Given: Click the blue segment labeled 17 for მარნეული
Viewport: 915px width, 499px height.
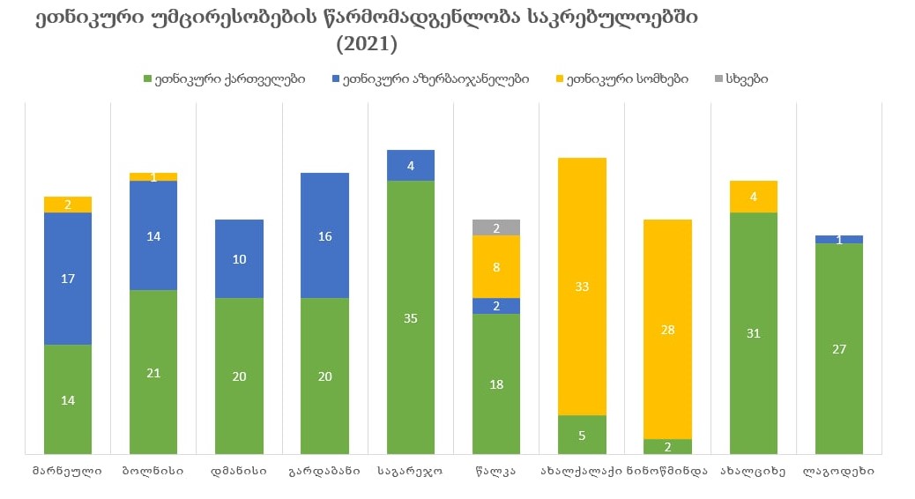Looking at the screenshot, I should (68, 278).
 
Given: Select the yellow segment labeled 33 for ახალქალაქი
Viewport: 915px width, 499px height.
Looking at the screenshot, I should (582, 286).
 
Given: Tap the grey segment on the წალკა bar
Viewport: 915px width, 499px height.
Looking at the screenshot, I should (496, 227).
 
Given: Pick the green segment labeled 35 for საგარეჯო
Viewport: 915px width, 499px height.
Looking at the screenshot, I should (411, 317).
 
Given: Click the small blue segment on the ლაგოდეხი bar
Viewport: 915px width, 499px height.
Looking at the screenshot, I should (839, 239).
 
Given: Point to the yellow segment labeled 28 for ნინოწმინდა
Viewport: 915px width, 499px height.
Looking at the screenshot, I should (667, 329).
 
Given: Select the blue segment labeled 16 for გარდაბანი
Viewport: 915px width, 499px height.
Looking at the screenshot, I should (324, 235).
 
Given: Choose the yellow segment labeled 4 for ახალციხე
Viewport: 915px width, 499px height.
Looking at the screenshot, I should (753, 197).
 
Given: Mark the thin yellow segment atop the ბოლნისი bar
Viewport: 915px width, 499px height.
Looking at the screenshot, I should (153, 176).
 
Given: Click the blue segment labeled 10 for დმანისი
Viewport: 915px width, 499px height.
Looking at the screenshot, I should (239, 258).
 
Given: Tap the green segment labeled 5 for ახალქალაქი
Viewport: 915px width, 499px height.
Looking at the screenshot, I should (582, 435).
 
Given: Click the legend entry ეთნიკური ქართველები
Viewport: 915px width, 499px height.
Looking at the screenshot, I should (224, 78).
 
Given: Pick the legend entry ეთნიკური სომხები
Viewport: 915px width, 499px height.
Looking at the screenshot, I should (621, 78).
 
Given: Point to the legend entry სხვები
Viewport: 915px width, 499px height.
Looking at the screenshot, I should (740, 78).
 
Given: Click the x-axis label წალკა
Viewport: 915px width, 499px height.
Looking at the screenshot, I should (496, 471).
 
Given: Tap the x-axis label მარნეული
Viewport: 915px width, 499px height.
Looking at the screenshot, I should (67, 471).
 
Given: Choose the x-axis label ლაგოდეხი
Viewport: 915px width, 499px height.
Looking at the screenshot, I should (838, 471).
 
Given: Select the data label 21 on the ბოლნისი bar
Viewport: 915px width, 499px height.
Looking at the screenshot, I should (153, 372).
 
